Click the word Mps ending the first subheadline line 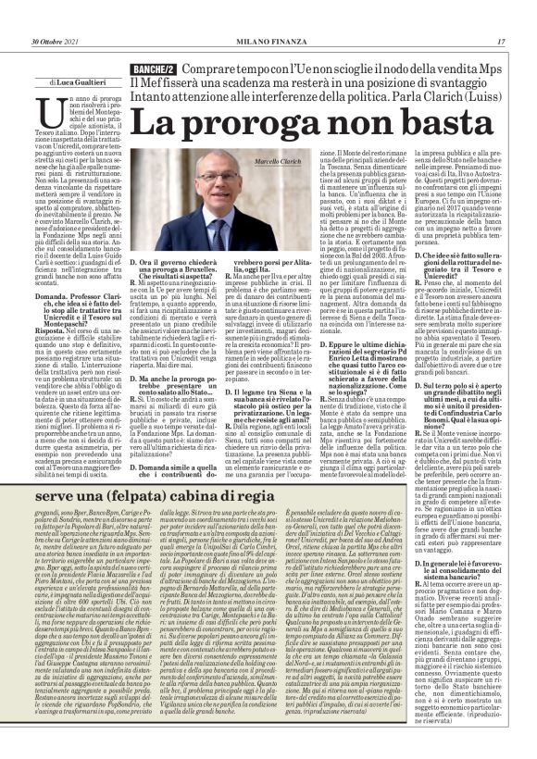click(x=490, y=69)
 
